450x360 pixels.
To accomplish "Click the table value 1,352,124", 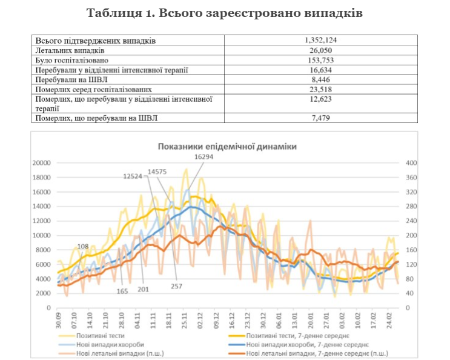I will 320,41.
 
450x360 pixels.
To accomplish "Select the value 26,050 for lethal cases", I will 320,50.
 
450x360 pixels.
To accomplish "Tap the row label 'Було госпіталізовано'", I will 72,60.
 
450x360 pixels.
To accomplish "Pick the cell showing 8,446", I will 320,79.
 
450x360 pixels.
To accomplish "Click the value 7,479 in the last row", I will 320,118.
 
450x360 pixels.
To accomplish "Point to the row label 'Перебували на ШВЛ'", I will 69,79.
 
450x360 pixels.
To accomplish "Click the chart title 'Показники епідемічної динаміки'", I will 227,146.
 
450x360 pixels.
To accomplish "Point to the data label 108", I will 83,246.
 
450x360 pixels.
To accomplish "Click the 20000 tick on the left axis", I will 41,163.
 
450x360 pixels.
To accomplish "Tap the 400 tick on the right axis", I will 412,163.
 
